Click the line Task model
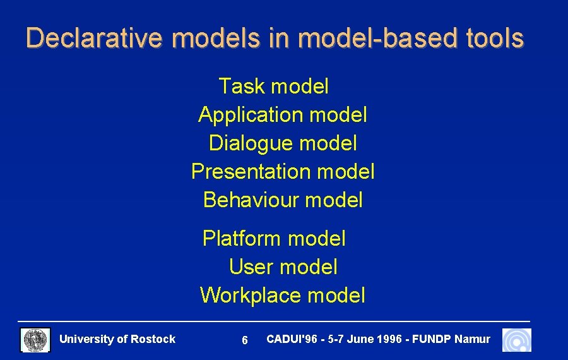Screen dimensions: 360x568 tap(273, 86)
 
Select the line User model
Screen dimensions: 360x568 tap(283, 267)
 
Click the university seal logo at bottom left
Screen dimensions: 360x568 tap(36, 340)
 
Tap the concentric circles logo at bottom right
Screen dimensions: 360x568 tap(516, 340)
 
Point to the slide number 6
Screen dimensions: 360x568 tap(245, 341)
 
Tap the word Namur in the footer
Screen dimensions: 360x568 tap(472, 339)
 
